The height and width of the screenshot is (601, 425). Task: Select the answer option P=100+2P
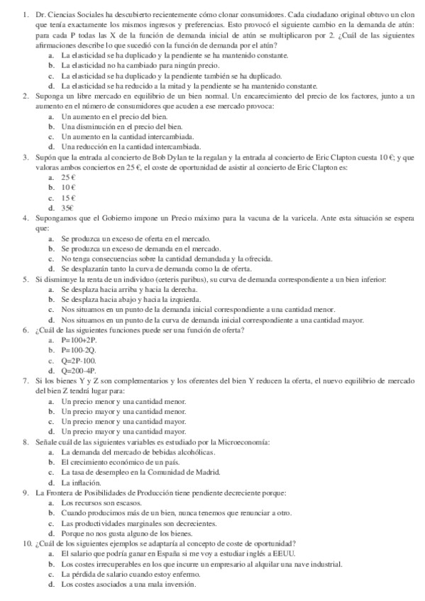coord(79,340)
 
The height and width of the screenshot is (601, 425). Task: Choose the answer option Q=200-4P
coord(79,371)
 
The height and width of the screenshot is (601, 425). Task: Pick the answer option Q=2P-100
coord(79,361)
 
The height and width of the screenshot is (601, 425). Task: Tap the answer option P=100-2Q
coord(79,350)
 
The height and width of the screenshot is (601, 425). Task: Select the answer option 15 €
coord(68,198)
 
